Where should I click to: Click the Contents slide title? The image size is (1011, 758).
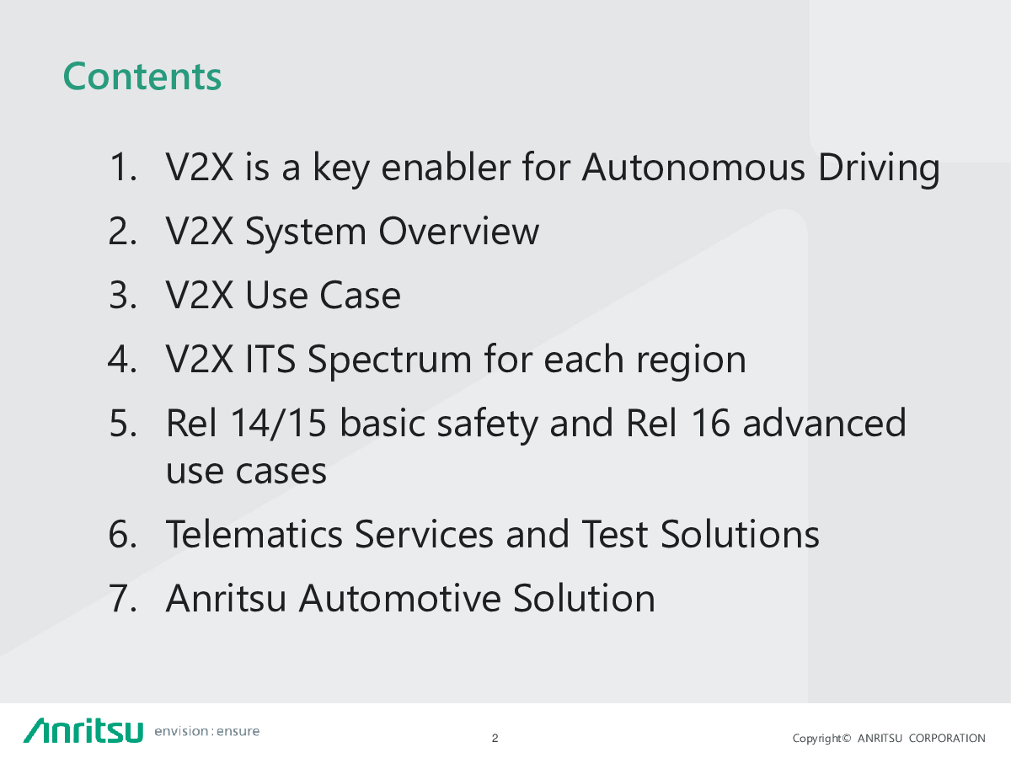click(x=142, y=77)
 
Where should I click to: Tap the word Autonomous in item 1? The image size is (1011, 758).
click(x=693, y=167)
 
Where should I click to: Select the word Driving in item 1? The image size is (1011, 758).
click(x=879, y=168)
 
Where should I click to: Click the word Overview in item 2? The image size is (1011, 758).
click(x=458, y=231)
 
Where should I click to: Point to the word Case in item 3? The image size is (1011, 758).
click(x=361, y=295)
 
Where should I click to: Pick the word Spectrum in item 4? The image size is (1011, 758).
click(x=390, y=360)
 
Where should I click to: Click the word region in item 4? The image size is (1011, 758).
click(x=691, y=360)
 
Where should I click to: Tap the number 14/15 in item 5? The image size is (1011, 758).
click(x=279, y=423)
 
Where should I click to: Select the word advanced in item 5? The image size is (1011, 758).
click(x=824, y=423)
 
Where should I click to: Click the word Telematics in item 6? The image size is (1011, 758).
click(x=254, y=534)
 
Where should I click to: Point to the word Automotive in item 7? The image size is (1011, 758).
click(x=400, y=598)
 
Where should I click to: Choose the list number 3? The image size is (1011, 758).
click(x=122, y=295)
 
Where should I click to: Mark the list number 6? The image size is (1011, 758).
click(x=122, y=534)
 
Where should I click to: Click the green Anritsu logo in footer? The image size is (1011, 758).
click(x=83, y=730)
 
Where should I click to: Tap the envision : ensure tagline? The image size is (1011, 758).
click(x=206, y=731)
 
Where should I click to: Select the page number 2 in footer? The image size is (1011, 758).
click(x=495, y=739)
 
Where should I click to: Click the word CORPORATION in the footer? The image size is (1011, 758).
click(x=947, y=739)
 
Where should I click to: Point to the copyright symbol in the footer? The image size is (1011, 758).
click(x=847, y=739)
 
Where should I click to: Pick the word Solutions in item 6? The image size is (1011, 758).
click(x=740, y=534)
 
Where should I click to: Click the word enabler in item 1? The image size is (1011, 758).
click(x=446, y=167)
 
